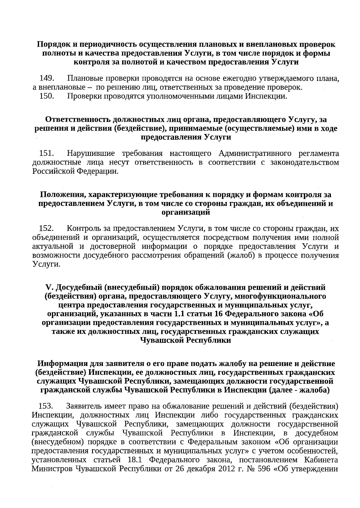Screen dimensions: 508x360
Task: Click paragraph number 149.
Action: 46,79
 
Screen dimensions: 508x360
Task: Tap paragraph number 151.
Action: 46,154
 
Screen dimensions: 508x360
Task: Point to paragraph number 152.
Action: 46,229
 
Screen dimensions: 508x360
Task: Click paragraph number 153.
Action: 46,407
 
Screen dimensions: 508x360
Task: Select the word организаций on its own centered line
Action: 185,212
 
